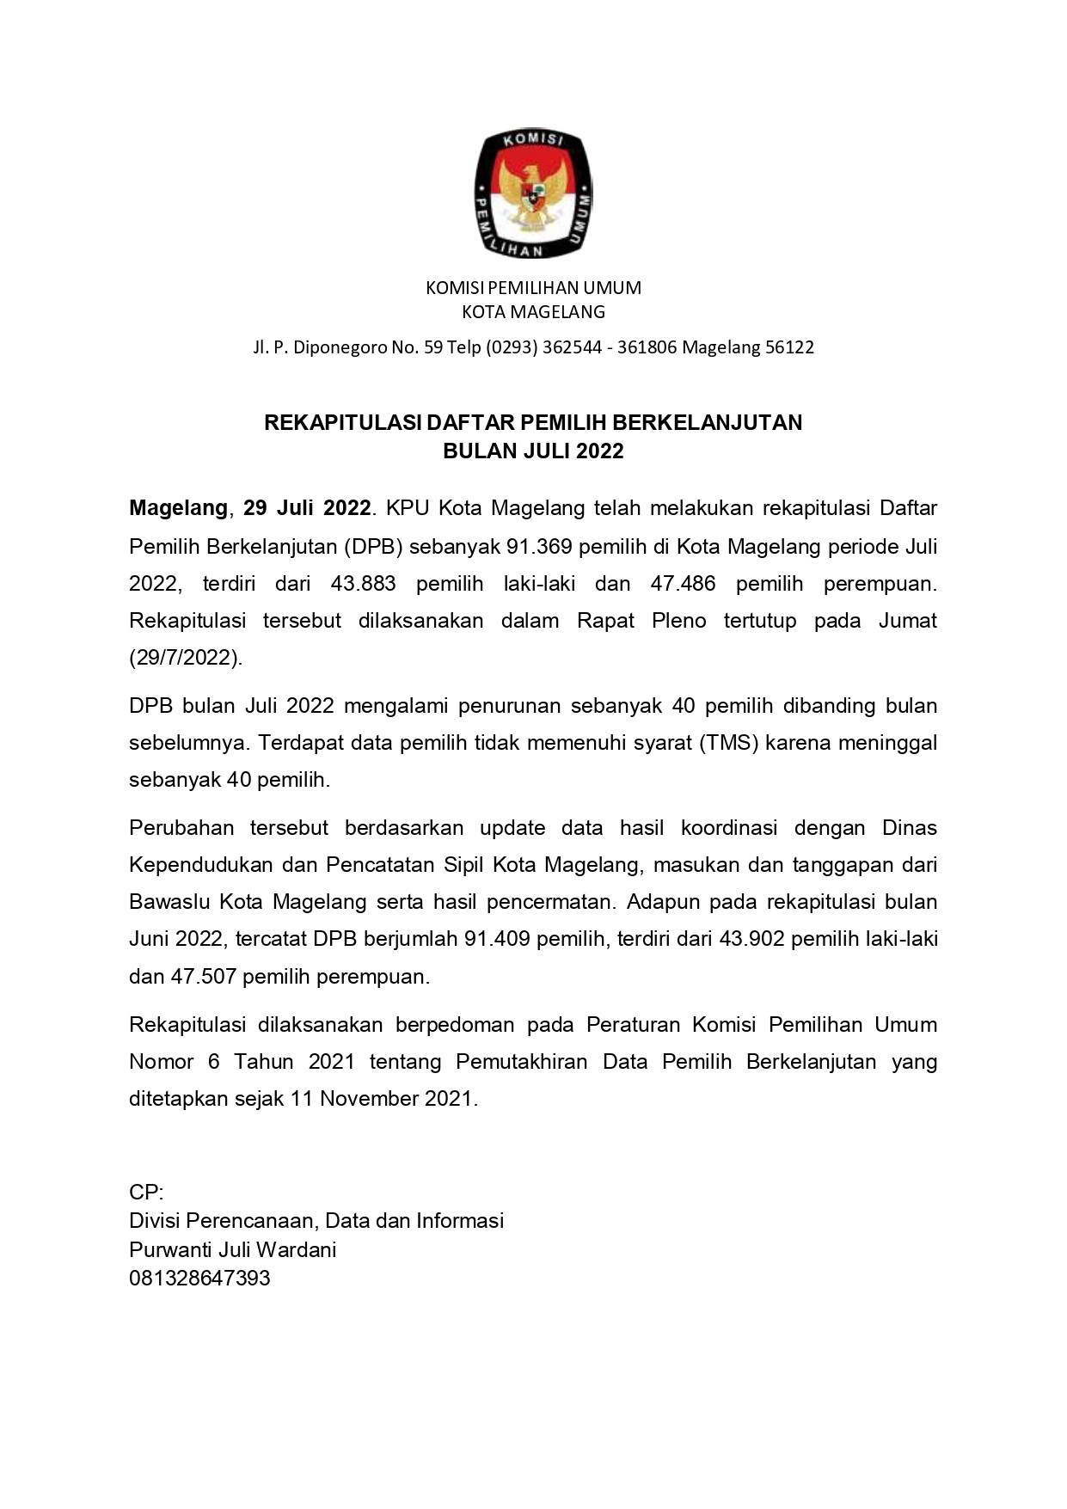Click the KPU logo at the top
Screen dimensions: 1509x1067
(533, 194)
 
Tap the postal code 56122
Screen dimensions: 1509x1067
(789, 347)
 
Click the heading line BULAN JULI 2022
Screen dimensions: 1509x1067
(533, 451)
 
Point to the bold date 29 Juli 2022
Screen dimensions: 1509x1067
(307, 508)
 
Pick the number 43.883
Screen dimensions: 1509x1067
(363, 584)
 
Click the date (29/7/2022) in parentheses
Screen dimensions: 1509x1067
(186, 658)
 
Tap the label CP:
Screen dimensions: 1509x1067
(146, 1193)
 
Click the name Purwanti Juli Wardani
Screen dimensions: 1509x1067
(232, 1249)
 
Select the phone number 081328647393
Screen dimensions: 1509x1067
(199, 1279)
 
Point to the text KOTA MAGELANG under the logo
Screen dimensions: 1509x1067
(533, 312)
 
